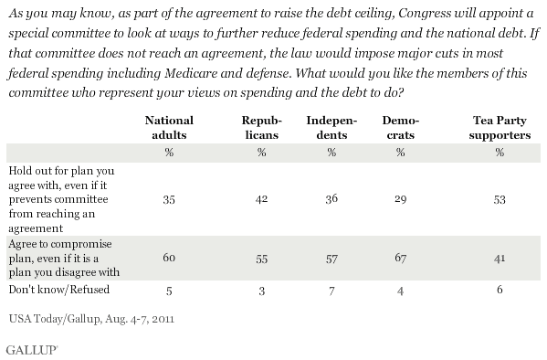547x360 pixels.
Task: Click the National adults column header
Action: click(x=169, y=128)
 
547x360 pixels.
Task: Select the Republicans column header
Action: click(x=262, y=128)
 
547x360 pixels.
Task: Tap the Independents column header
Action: click(x=331, y=128)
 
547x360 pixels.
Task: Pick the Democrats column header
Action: click(x=401, y=128)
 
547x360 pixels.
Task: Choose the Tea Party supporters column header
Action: click(x=500, y=128)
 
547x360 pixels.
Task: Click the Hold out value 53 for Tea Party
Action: click(x=500, y=199)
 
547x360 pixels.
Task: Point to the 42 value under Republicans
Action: click(x=261, y=198)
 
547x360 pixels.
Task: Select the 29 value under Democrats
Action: click(x=401, y=199)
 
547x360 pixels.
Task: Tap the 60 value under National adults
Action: click(x=169, y=258)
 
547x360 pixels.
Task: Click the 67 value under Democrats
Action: click(x=401, y=258)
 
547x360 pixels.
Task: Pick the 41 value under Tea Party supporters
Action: click(x=500, y=259)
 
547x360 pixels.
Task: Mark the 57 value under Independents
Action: click(x=331, y=259)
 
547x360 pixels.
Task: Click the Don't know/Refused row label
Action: click(x=59, y=290)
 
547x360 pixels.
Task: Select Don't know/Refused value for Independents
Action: click(x=331, y=291)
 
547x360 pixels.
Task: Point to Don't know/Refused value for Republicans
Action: click(x=262, y=291)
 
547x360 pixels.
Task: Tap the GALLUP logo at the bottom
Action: click(x=32, y=350)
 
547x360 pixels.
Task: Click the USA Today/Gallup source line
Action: click(x=91, y=319)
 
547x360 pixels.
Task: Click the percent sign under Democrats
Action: click(x=401, y=153)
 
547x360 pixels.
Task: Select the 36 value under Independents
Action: click(x=331, y=198)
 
